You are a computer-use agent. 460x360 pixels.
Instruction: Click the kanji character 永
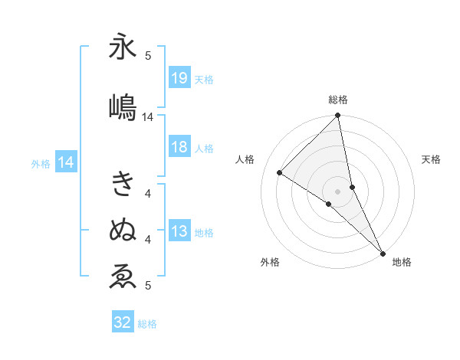(123, 47)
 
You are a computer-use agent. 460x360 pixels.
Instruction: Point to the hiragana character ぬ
(123, 229)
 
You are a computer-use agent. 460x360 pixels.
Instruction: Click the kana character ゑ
(123, 277)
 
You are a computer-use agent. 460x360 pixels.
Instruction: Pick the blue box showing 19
(179, 78)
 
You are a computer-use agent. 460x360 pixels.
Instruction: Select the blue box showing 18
(179, 148)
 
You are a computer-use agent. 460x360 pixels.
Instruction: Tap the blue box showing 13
(179, 232)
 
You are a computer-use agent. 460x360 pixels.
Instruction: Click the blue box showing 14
(66, 162)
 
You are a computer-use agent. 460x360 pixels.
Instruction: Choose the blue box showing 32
(123, 323)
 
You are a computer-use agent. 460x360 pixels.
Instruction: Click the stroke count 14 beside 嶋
(148, 117)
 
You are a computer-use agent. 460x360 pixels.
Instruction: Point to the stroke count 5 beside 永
(148, 55)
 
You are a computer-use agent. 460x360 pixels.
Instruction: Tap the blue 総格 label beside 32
(147, 324)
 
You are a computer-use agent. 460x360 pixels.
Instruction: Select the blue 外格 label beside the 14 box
(41, 163)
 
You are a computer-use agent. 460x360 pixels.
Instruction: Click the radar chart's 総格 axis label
(338, 100)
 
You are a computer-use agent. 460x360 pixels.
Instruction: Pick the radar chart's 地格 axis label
(402, 263)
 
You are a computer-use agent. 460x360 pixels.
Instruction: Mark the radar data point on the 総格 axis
(338, 116)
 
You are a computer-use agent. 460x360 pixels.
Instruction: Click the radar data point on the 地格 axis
(383, 253)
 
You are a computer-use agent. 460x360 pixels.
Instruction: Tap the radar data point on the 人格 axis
(280, 172)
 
